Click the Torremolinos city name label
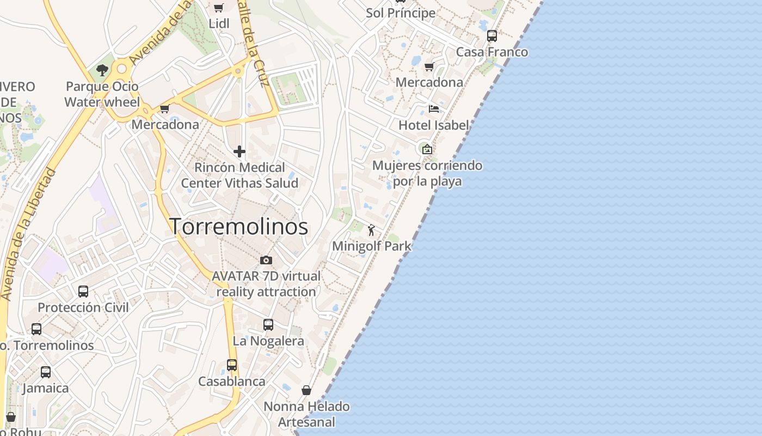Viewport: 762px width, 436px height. [239, 226]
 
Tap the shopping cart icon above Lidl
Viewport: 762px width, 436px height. [218, 8]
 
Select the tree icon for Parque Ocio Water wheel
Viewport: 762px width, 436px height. [102, 70]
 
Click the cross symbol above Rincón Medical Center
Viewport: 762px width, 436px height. [239, 151]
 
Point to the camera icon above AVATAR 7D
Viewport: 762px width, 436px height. [266, 260]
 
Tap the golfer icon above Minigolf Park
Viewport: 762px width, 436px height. [372, 230]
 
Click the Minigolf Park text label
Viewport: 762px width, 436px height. [372, 246]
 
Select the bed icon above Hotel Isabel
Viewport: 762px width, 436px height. [433, 108]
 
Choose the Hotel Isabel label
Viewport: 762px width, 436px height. [433, 125]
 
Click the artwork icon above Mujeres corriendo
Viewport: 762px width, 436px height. [427, 149]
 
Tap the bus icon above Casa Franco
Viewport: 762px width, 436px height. [491, 36]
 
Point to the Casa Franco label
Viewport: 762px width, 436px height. [491, 52]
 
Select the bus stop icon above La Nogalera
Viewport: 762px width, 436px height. [268, 325]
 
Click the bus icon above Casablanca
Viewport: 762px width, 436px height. [231, 365]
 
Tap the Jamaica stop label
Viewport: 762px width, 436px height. [46, 388]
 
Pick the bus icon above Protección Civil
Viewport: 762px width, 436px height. [83, 292]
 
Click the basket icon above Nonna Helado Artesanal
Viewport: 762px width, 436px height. [306, 390]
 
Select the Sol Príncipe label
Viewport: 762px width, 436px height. [401, 13]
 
